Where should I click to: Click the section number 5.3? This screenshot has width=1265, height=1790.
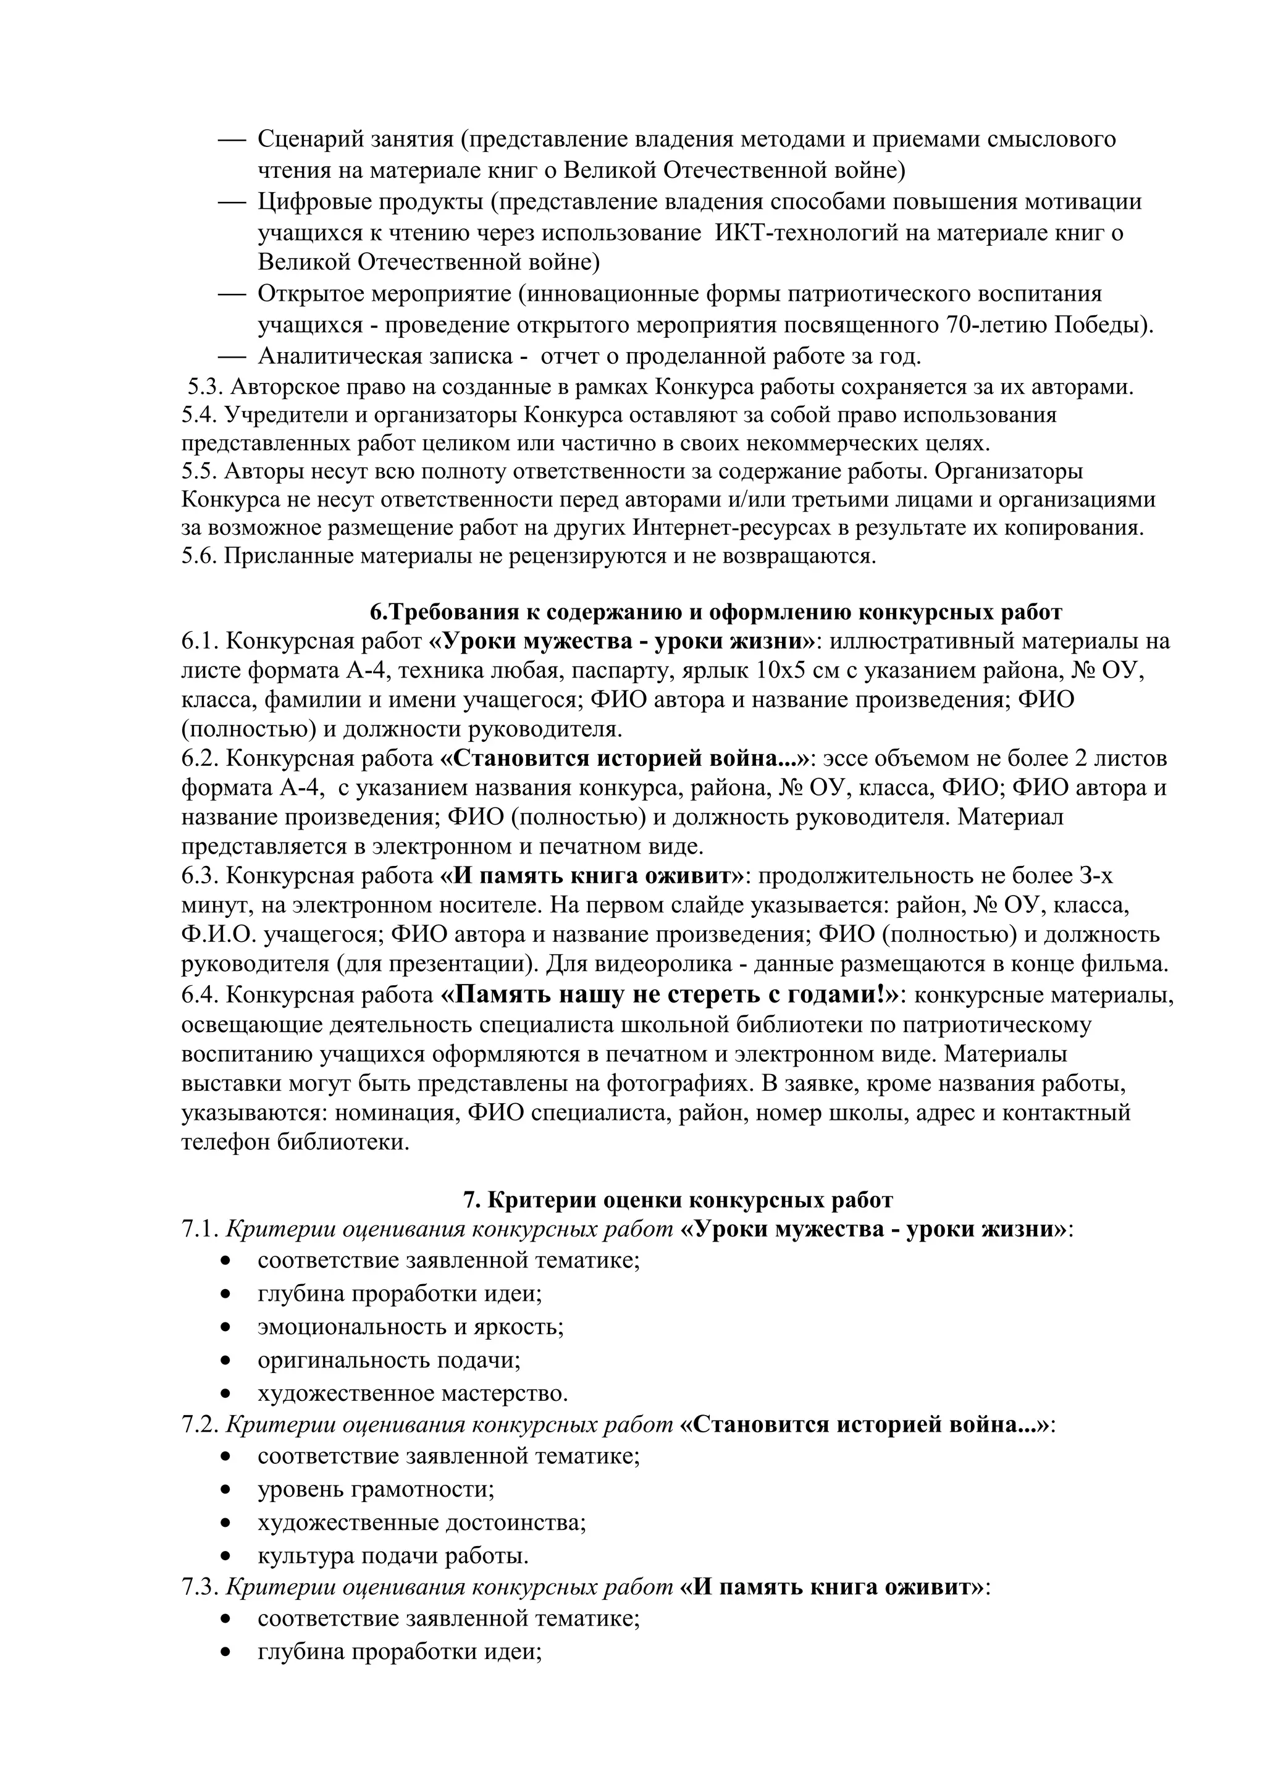204,387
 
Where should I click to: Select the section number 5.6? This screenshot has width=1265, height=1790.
200,556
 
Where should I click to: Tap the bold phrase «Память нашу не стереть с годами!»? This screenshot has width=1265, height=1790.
670,996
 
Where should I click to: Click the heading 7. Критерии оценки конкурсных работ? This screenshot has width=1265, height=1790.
678,1200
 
